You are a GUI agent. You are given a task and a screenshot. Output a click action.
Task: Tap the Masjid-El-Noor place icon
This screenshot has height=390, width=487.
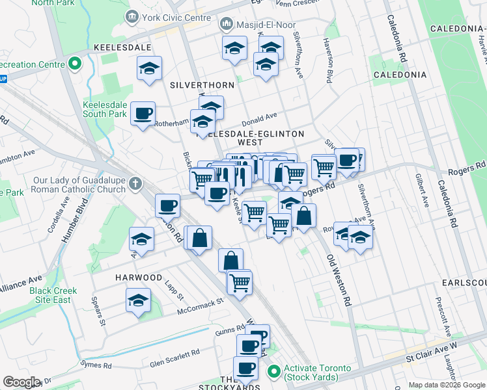(227, 25)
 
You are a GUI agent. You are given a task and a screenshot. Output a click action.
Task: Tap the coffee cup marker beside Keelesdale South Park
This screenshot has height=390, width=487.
(143, 114)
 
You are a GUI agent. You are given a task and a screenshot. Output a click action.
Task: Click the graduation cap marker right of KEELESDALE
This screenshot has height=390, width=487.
(149, 68)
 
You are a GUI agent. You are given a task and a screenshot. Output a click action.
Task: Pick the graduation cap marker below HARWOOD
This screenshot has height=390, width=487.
(138, 301)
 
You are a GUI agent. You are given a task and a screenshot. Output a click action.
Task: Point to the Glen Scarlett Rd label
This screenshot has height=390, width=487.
(174, 357)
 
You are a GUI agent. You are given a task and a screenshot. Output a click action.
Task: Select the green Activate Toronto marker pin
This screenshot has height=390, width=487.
(274, 372)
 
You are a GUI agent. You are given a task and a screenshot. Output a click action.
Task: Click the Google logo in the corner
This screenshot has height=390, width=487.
(21, 382)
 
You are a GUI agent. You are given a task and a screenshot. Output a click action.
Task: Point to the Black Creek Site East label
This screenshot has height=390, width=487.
(53, 295)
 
